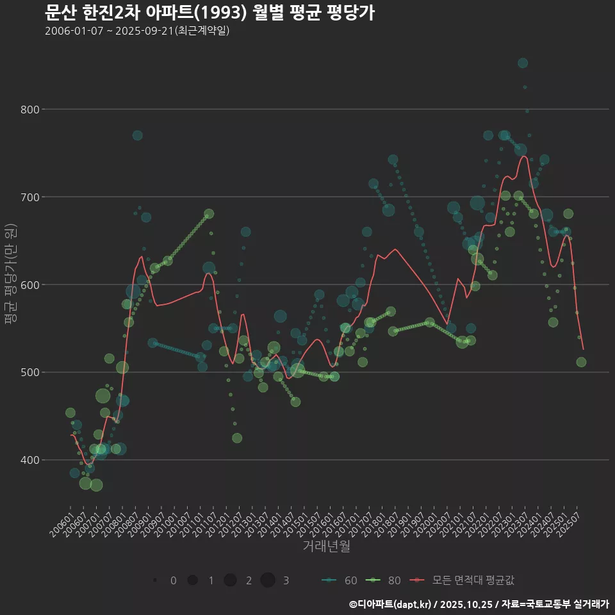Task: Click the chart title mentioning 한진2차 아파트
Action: coord(210,13)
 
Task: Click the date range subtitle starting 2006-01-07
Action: coord(137,31)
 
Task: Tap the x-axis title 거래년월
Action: coord(326,546)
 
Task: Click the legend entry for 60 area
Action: coord(340,580)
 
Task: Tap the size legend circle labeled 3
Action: coord(268,580)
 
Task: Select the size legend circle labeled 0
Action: coord(155,580)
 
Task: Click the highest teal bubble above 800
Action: coord(523,63)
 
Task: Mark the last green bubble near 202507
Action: coord(581,362)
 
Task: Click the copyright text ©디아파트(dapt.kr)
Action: coord(390,604)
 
